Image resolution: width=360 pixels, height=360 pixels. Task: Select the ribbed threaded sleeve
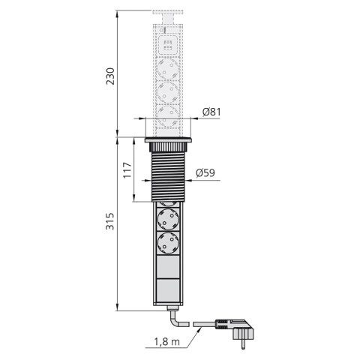tap(168, 173)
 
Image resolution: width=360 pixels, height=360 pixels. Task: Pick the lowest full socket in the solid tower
tap(168, 244)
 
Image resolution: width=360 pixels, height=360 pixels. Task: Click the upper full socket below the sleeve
tap(168, 220)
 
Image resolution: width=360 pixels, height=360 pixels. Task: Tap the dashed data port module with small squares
tap(168, 41)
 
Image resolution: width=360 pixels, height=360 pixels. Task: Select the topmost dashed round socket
tap(168, 70)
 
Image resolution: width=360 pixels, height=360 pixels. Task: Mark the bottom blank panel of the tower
tap(168, 289)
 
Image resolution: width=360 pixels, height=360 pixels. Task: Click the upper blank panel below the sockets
tap(168, 267)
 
